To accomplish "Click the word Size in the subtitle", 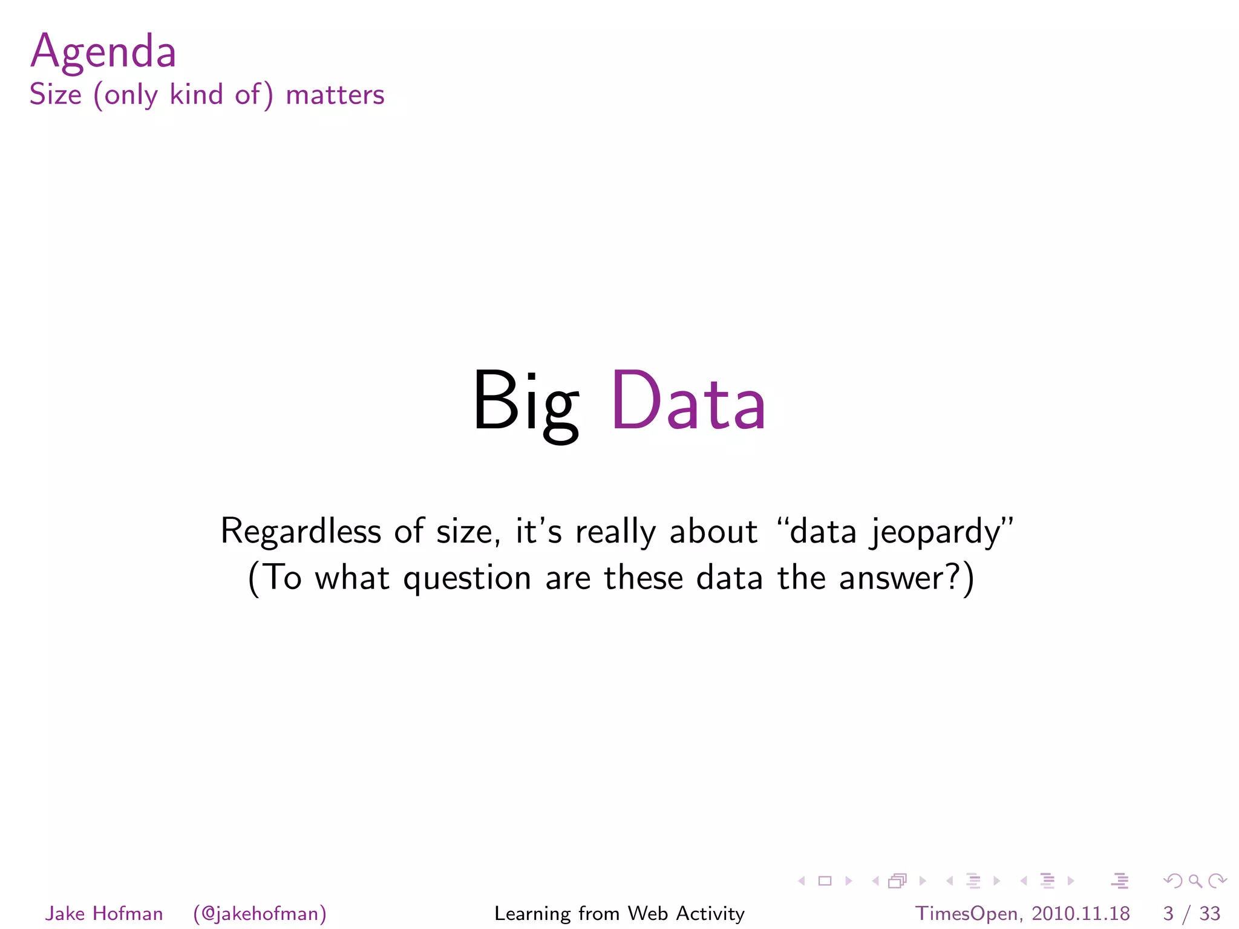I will [56, 95].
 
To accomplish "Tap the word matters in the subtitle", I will [335, 96].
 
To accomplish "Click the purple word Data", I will [688, 402].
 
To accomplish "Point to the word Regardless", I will [301, 532].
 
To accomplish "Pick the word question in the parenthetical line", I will [466, 578].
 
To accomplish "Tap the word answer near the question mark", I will [892, 578].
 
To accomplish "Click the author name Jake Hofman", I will [104, 913].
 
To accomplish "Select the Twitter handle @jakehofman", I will [260, 913].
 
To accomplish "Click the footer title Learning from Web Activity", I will [619, 913].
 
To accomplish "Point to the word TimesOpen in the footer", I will [966, 913].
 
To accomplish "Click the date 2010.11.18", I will [1080, 913].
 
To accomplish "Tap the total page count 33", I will [1210, 913].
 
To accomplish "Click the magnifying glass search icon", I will [1195, 881].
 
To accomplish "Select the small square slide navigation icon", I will [825, 881].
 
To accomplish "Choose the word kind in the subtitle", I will [197, 95].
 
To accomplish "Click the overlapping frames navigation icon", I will [898, 881].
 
